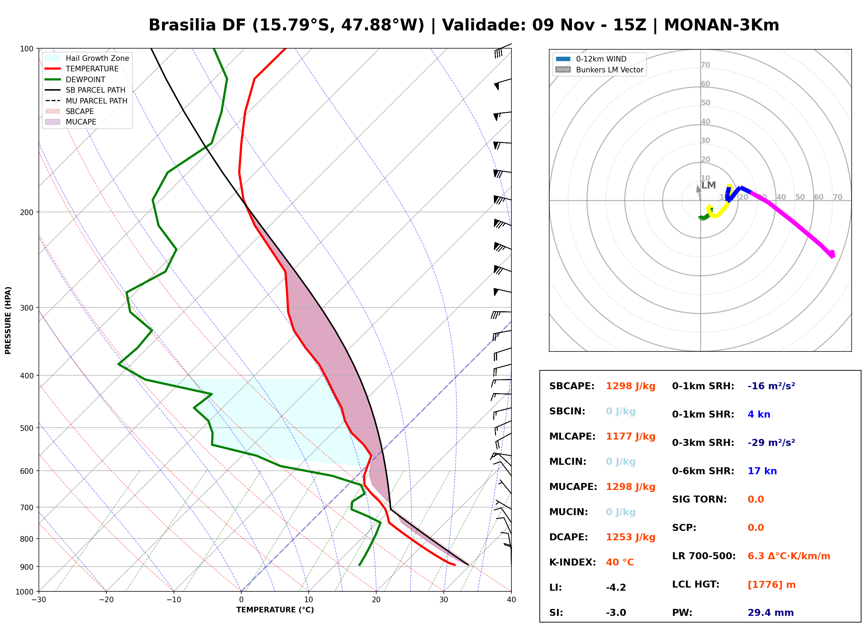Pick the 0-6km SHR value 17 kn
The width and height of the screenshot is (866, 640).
[x=762, y=471]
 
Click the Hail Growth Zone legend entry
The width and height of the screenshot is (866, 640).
[x=87, y=58]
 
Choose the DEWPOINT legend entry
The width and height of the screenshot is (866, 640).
[x=75, y=79]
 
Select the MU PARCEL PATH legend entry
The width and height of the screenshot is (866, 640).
[x=86, y=101]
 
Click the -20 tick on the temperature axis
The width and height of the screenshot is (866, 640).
[x=106, y=600]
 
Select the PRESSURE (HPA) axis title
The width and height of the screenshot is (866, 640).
[x=8, y=320]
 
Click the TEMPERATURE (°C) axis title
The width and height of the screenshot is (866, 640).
[x=275, y=610]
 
